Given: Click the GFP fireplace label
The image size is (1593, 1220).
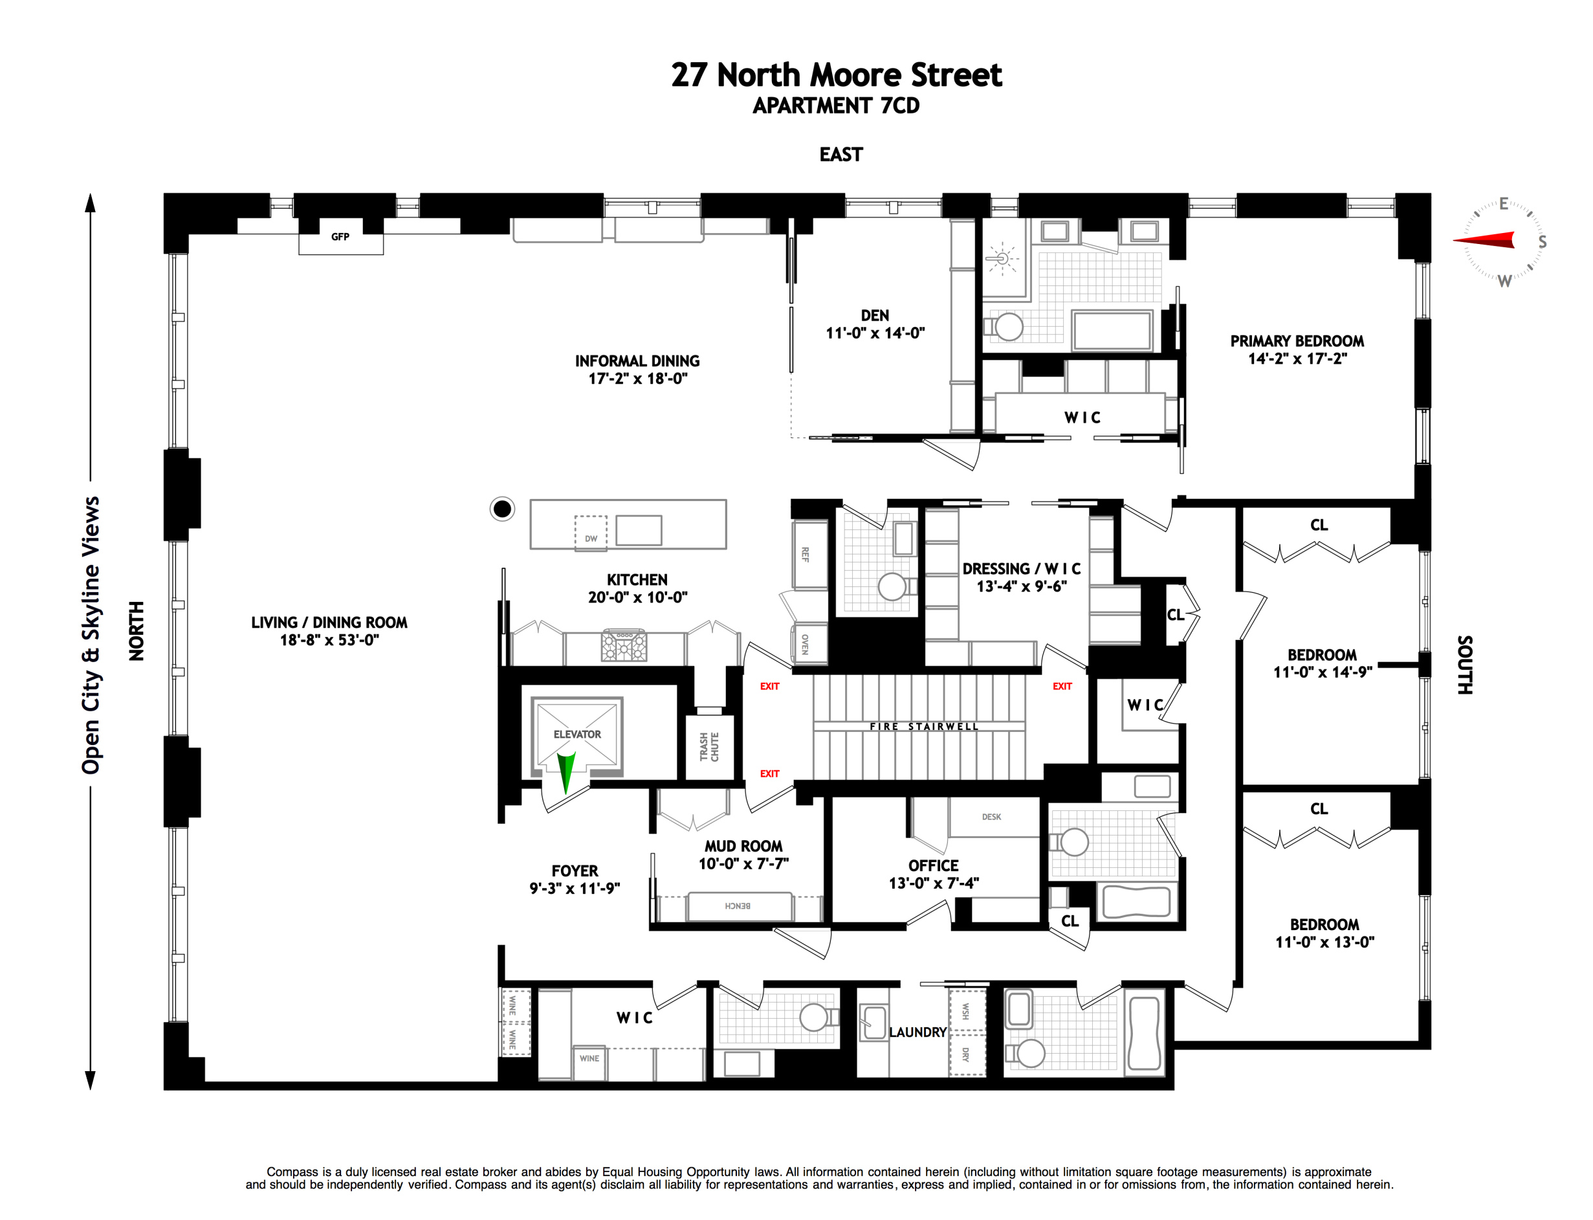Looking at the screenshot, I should pos(340,237).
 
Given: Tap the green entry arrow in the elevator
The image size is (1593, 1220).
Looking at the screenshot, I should pos(566,770).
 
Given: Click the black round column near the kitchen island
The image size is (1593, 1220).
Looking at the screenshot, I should pos(501,509).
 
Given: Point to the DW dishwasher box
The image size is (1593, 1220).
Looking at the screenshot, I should pos(590,534).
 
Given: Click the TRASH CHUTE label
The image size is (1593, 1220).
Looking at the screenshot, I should pos(709,746).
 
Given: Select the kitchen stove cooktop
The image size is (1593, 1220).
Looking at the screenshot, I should pos(624,645).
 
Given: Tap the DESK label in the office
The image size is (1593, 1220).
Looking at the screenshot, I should pos(991,817).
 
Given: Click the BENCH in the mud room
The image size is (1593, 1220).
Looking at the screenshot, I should pos(738,905).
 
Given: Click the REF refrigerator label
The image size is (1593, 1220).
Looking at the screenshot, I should pos(805,555).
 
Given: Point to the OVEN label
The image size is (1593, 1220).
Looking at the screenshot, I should pos(805,644).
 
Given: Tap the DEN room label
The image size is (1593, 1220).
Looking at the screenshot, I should pos(875,316).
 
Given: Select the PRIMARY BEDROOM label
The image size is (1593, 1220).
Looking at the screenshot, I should pos(1297,341).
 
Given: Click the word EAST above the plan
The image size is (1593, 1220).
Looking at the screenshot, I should pos(840,155).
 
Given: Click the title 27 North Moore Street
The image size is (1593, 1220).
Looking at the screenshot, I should pos(836,75).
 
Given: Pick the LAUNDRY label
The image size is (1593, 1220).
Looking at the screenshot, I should pos(917,1032).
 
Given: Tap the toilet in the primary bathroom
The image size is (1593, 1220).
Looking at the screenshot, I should pos(1007,326).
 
